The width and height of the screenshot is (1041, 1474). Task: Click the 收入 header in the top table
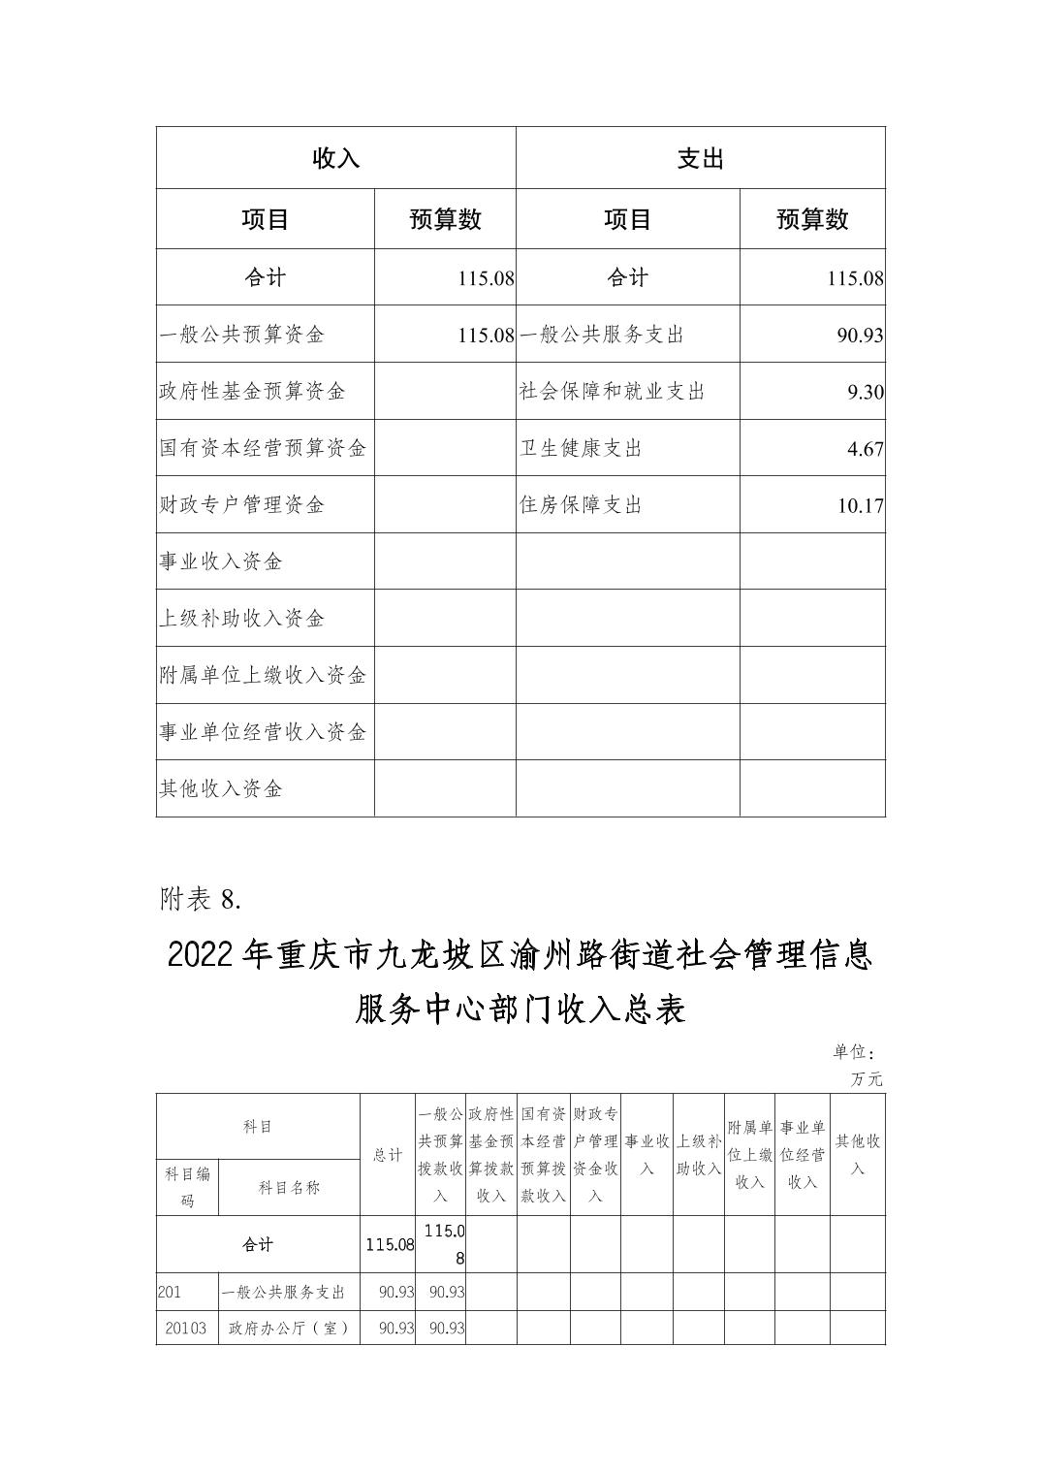click(x=335, y=158)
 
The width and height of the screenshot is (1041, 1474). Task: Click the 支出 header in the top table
click(x=700, y=158)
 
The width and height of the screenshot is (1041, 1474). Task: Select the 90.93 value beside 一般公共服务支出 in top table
click(x=860, y=336)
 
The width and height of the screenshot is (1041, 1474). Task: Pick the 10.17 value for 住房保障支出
click(x=860, y=505)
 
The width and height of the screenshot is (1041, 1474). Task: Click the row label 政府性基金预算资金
click(x=252, y=392)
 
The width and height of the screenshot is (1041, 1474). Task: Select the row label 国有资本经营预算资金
click(x=263, y=448)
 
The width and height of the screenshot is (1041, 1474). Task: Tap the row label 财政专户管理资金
click(x=241, y=505)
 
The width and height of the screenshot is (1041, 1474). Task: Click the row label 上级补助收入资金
click(x=241, y=619)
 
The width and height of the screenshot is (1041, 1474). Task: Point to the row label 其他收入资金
click(x=220, y=788)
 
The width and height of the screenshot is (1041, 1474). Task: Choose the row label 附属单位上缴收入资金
click(x=263, y=675)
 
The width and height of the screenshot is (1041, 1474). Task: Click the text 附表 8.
click(x=200, y=899)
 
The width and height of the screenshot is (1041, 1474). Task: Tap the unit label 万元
click(x=867, y=1078)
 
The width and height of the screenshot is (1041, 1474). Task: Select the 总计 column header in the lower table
click(x=388, y=1155)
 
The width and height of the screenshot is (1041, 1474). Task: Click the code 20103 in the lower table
click(x=186, y=1329)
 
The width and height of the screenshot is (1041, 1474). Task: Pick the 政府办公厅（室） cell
click(x=289, y=1329)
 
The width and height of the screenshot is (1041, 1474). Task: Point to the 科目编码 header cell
click(x=187, y=1187)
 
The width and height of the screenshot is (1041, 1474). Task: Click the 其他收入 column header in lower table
click(x=858, y=1155)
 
